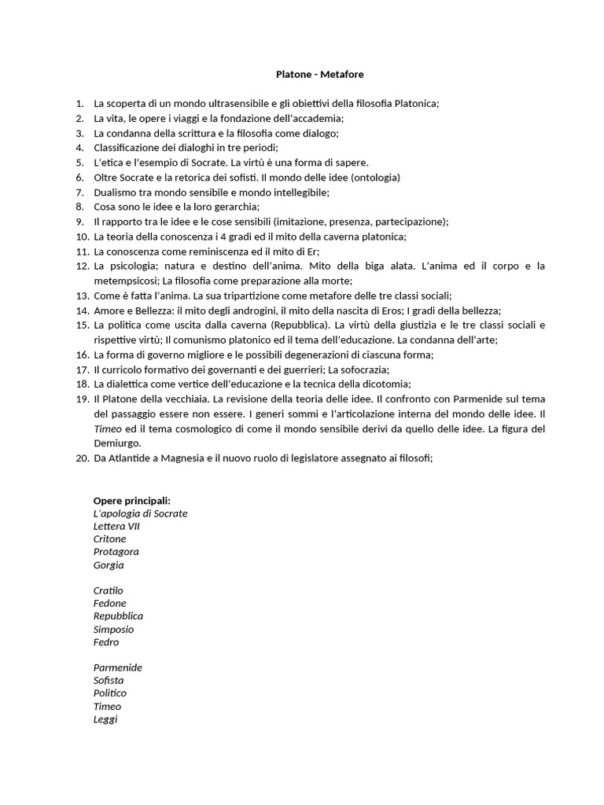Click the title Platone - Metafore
[x=319, y=75]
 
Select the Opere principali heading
[x=132, y=501]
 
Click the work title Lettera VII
[x=116, y=526]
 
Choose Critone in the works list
[x=109, y=539]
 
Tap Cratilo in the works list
[x=108, y=590]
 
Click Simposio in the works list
[x=113, y=629]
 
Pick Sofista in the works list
[x=109, y=680]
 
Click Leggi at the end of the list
[x=105, y=719]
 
